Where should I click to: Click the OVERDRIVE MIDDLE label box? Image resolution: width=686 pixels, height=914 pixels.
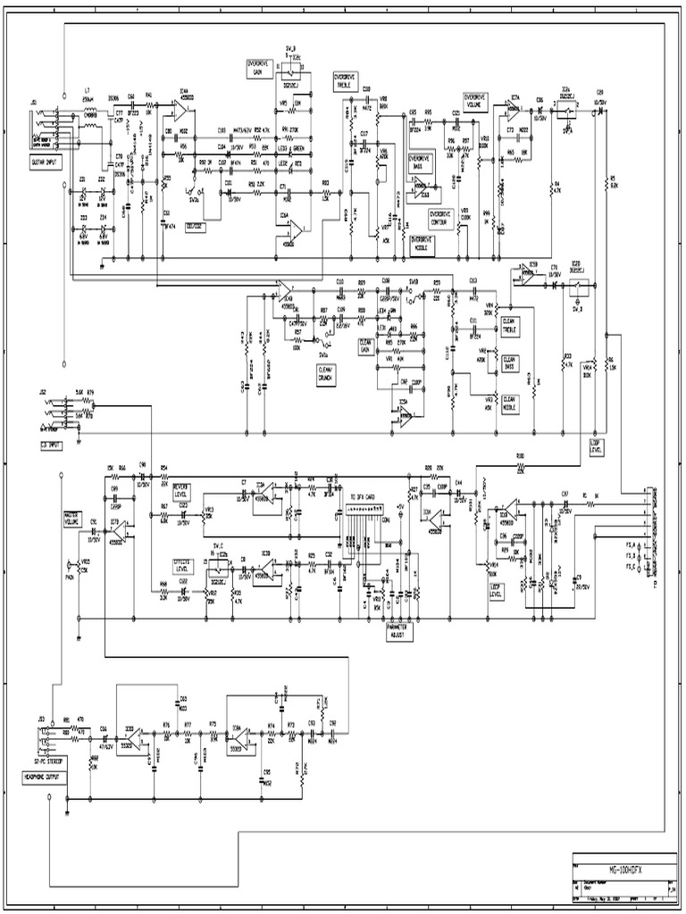422,242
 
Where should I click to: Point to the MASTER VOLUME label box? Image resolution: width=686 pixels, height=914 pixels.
71,519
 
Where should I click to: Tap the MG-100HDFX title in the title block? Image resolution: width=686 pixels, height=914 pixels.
631,868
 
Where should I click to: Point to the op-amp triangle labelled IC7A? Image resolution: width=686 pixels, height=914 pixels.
514,112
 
